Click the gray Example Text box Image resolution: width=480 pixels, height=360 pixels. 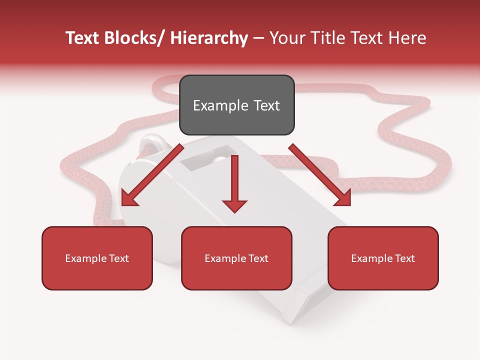coord(236,105)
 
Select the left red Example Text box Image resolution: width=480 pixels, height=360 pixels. coord(97,258)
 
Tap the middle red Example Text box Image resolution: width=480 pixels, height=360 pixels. coord(236,258)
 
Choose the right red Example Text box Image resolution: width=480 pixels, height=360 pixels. coord(383,258)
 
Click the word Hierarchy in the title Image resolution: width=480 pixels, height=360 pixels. coord(209,38)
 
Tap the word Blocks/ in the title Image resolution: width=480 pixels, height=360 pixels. coord(134,38)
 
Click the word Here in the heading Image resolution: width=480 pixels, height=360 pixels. coord(409,38)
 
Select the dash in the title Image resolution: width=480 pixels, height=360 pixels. coord(258,38)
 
